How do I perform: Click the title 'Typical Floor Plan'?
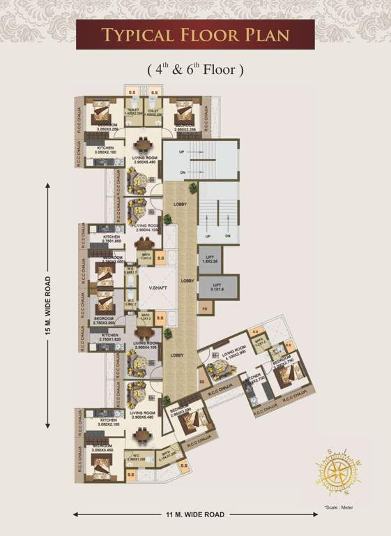coord(195,34)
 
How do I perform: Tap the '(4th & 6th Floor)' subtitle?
coord(195,70)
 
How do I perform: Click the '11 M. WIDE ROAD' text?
coord(195,514)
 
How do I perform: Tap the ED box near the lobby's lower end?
coord(201,382)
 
